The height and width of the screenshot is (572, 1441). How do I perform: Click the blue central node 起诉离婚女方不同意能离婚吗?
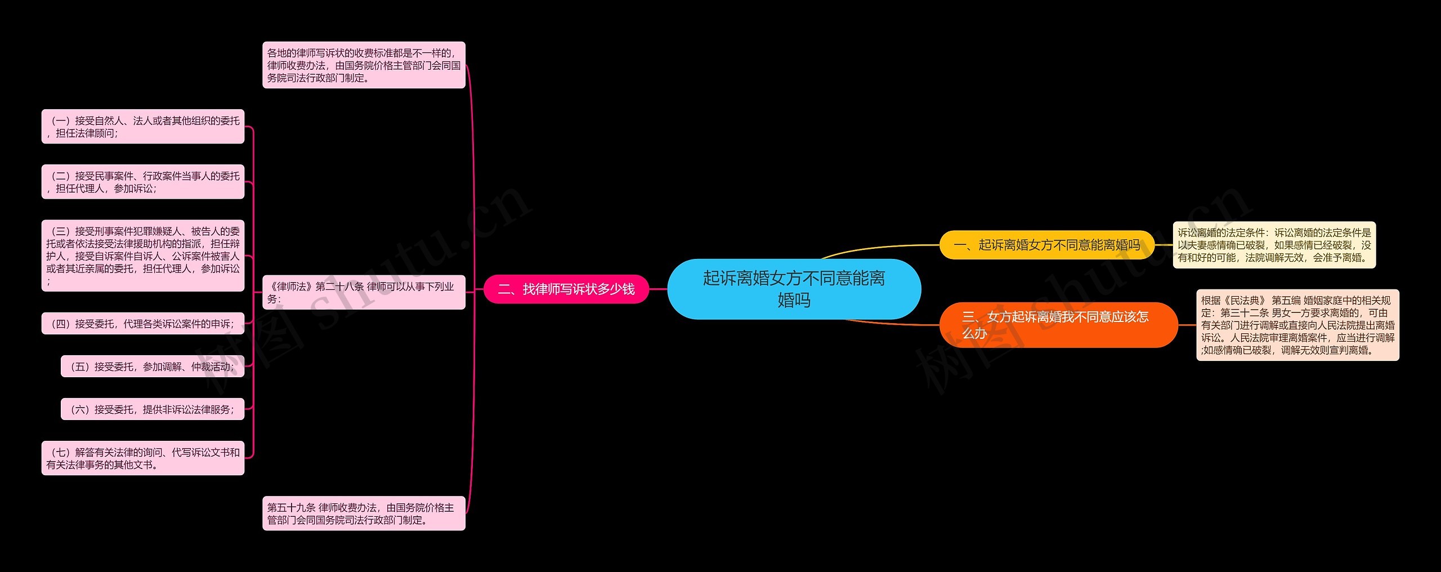[794, 289]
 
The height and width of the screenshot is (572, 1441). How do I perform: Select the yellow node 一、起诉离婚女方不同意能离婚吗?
[1046, 245]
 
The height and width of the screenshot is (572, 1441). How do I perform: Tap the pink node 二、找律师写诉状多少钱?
[566, 289]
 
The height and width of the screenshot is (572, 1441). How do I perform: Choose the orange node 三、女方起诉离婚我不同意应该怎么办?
[1058, 325]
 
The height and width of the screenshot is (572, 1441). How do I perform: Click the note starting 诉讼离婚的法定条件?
[1274, 245]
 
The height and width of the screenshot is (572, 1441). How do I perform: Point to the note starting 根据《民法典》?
[1297, 325]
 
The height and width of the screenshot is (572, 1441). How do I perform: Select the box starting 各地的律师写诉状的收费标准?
[364, 65]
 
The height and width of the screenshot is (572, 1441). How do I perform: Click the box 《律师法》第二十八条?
[364, 292]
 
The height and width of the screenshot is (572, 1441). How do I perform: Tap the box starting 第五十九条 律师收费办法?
[364, 513]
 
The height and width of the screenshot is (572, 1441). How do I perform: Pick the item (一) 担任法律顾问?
[143, 127]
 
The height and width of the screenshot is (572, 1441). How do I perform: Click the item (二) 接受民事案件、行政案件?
[143, 182]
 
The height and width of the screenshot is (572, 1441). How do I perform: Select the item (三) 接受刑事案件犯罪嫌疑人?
[143, 256]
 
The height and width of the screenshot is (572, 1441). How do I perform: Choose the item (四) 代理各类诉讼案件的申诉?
[143, 324]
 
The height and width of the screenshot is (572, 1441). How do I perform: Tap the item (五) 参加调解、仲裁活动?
[153, 367]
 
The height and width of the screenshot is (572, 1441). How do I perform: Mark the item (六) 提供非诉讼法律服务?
[153, 409]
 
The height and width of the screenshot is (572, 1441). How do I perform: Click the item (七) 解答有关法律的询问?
[143, 458]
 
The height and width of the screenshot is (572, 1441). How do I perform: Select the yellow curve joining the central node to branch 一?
[878, 248]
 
